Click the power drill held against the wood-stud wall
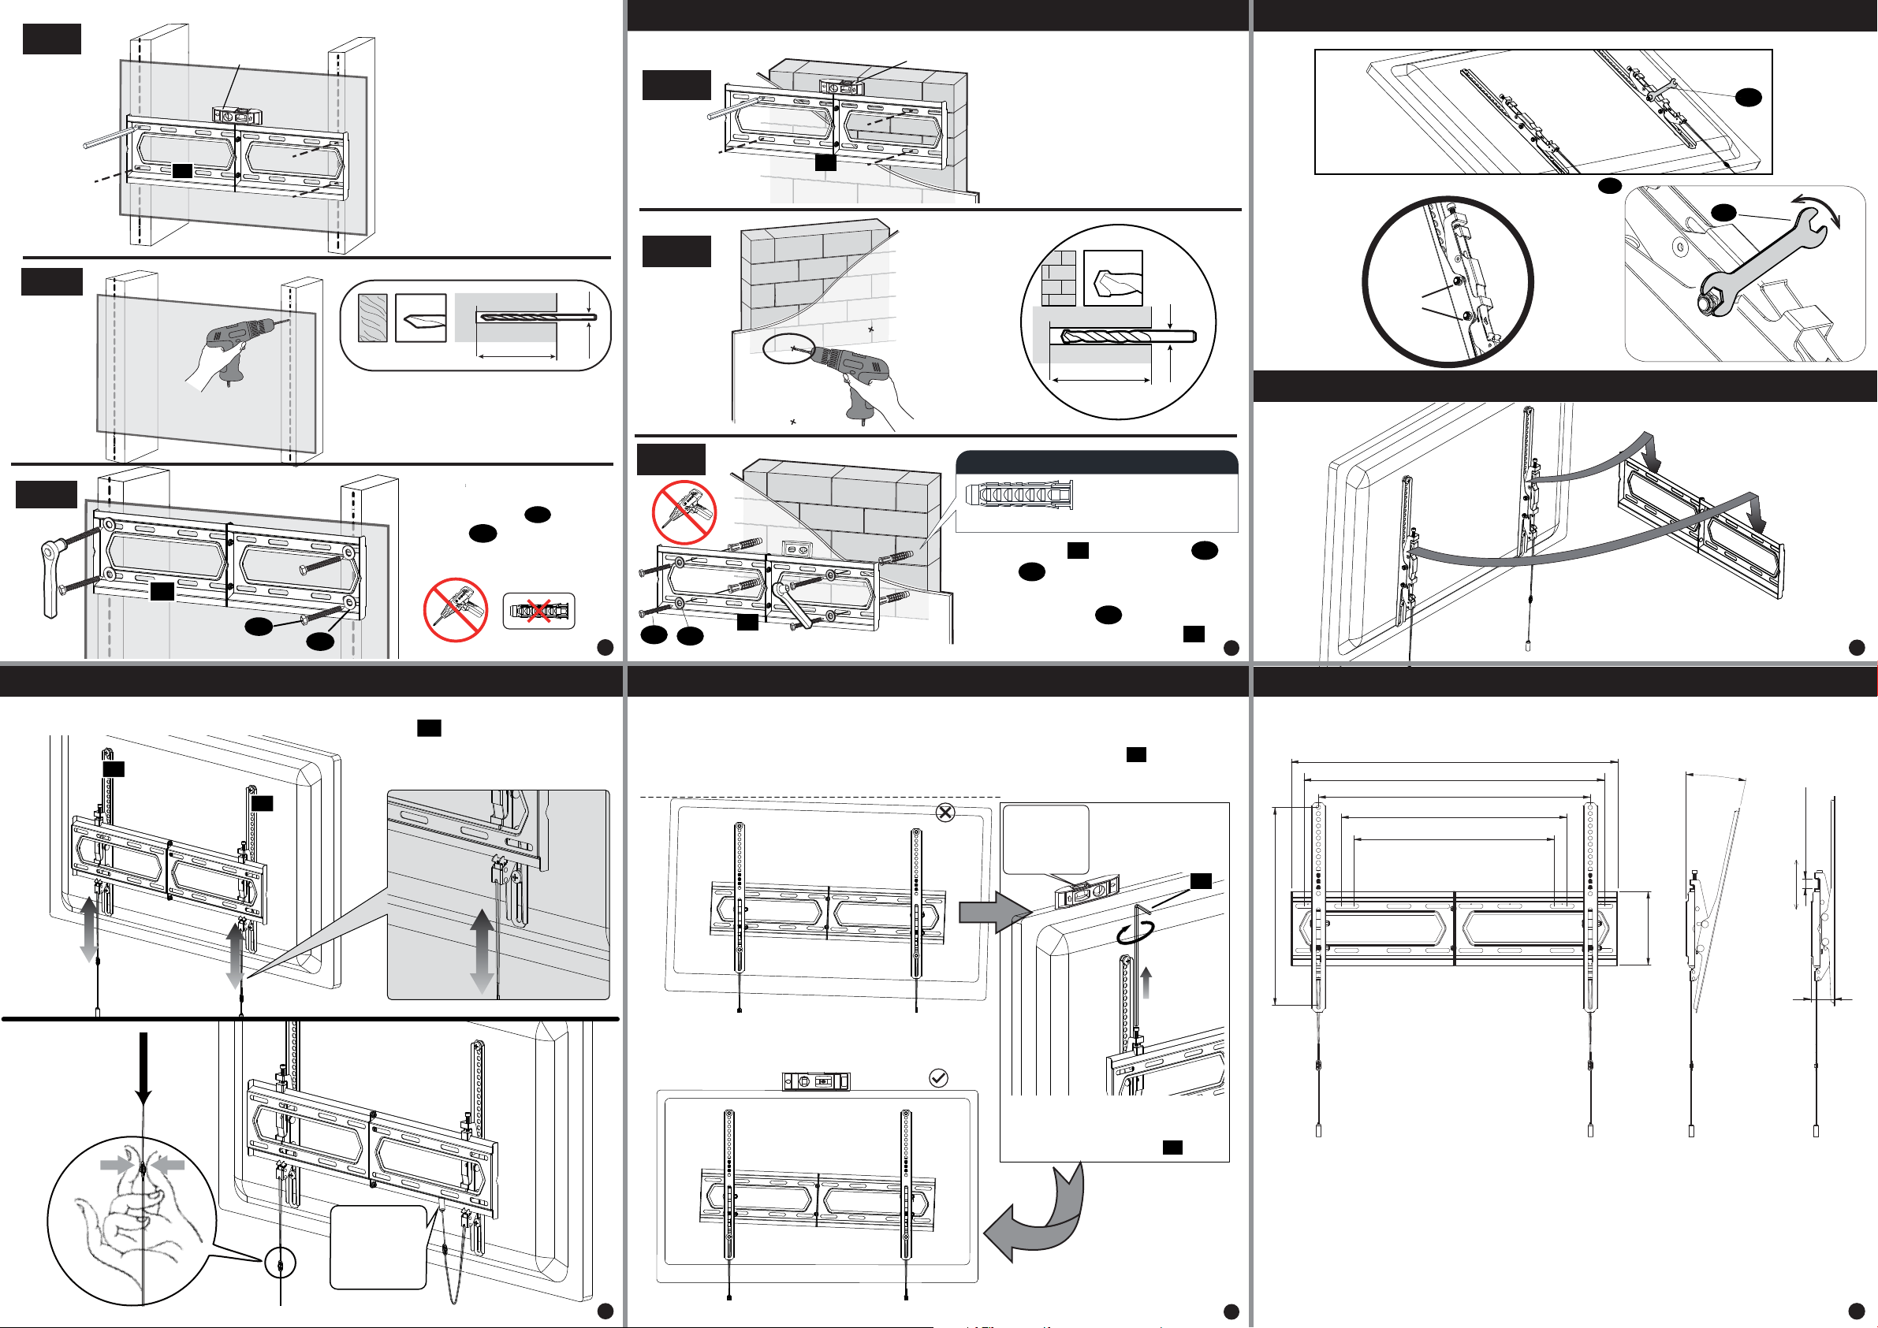[237, 340]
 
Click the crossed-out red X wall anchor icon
[538, 611]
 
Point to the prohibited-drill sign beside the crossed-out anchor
[456, 610]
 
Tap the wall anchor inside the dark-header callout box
[1019, 496]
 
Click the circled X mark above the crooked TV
[945, 812]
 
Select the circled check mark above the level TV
[939, 1078]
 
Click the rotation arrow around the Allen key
[1137, 934]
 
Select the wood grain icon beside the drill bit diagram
[373, 318]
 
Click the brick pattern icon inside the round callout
[1057, 278]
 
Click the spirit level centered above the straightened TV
[815, 1081]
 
